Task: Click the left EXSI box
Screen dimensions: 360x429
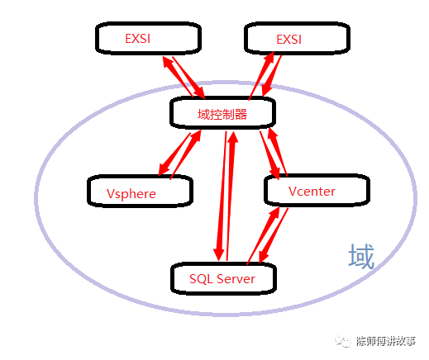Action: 145,39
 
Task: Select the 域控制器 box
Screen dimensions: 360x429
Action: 221,113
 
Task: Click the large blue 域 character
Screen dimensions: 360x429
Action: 360,256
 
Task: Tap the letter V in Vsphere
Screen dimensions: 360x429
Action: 112,193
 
